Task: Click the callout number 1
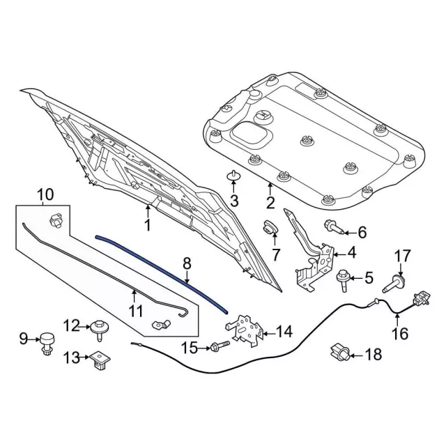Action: pyautogui.click(x=147, y=226)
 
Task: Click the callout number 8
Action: pyautogui.click(x=186, y=263)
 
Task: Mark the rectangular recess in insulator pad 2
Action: pyautogui.click(x=248, y=130)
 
